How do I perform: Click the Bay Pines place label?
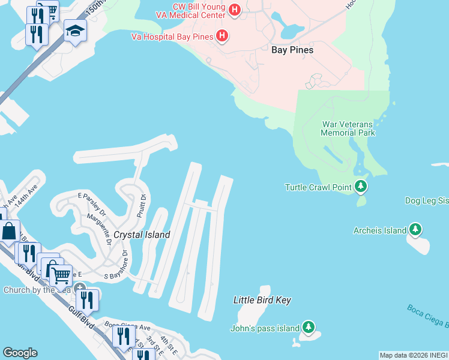pos(292,50)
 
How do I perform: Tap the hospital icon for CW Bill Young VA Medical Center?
pos(235,10)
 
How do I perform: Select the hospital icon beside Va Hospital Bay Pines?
pos(222,37)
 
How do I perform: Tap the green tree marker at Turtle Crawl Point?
pos(361,187)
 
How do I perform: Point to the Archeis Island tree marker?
pos(415,230)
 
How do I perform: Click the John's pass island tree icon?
pos(308,328)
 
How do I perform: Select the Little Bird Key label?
pos(262,299)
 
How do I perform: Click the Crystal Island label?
pos(142,235)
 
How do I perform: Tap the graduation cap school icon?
pos(75,31)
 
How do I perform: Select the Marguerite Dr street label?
pos(100,230)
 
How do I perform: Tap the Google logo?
pos(20,353)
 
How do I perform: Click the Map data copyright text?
pos(414,355)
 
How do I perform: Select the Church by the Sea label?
pos(37,290)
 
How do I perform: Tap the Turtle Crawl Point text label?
pos(318,187)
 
